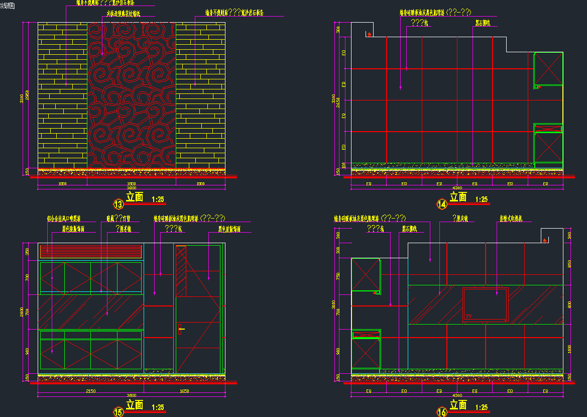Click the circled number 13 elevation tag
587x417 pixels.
[x=119, y=204]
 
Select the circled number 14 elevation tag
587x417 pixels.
[x=442, y=204]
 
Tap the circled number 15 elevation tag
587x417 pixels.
[x=119, y=412]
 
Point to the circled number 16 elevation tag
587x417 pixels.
[x=442, y=412]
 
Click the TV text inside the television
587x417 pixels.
[x=469, y=316]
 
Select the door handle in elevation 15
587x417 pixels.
[x=180, y=330]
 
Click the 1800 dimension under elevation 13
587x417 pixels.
[x=132, y=184]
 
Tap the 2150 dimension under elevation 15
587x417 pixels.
[x=91, y=391]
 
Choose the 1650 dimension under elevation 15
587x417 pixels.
[x=184, y=391]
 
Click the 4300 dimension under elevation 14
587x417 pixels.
[x=457, y=188]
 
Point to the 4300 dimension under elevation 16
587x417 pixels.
[x=457, y=395]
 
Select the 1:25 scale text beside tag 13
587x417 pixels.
[x=157, y=199]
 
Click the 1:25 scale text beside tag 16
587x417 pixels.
[x=481, y=407]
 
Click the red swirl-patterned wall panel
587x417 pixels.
[x=132, y=95]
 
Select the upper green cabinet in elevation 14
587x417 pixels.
[x=548, y=69]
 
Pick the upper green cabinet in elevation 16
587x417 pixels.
[x=366, y=274]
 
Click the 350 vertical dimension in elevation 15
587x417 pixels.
[x=28, y=252]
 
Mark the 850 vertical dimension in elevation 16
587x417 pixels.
[x=569, y=264]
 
